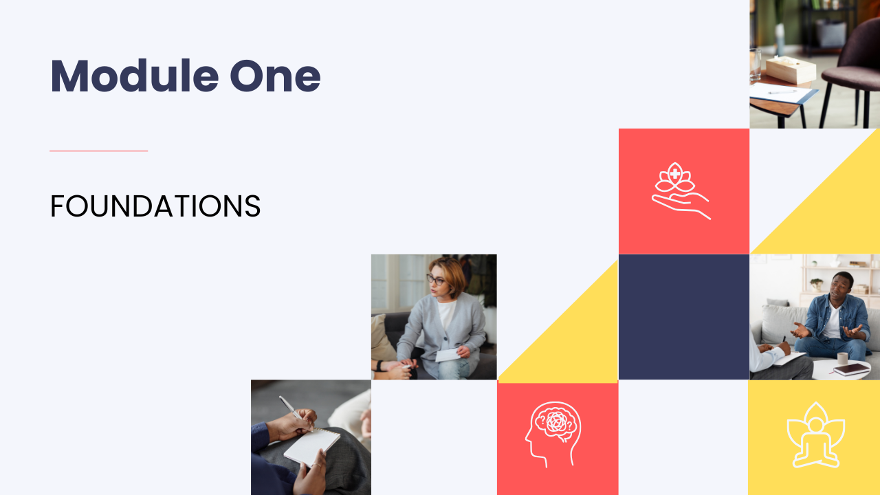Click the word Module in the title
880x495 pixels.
coord(134,76)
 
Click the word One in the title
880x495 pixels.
coord(275,76)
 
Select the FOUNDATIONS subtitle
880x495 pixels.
coord(155,206)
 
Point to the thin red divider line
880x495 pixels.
coord(98,151)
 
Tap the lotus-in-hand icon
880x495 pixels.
coord(681,190)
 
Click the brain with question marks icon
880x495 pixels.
coord(553,434)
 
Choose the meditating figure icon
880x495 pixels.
coord(815,435)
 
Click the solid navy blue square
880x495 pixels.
coord(684,317)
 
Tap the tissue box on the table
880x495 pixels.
coord(791,69)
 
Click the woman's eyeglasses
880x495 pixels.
coord(435,280)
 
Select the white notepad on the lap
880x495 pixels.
coord(312,447)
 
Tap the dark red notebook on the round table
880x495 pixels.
coord(852,369)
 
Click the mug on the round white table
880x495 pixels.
coord(842,358)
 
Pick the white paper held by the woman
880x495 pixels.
coord(448,354)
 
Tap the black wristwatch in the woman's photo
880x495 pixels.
coord(379,366)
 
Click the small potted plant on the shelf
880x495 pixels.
coord(816,284)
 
